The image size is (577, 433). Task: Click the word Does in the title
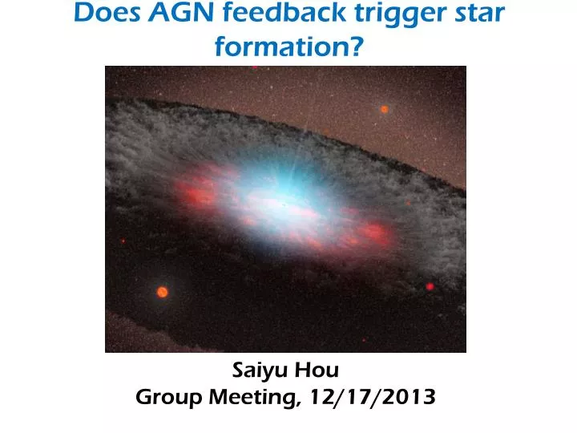103,13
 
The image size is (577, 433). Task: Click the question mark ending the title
351,47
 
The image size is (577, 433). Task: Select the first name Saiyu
260,370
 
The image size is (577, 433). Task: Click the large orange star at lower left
162,292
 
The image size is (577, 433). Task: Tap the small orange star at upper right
384,109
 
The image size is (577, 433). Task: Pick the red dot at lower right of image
430,286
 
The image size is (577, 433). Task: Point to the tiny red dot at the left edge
123,240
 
